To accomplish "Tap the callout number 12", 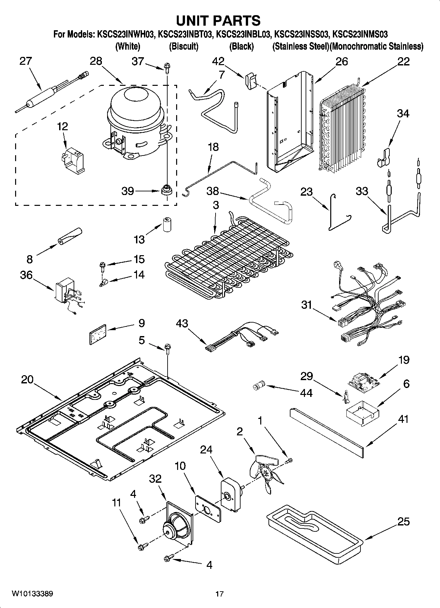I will click(x=63, y=126).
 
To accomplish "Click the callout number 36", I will click(x=26, y=275).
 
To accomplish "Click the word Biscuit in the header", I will click(x=184, y=46).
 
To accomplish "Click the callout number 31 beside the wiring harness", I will click(x=307, y=305).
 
